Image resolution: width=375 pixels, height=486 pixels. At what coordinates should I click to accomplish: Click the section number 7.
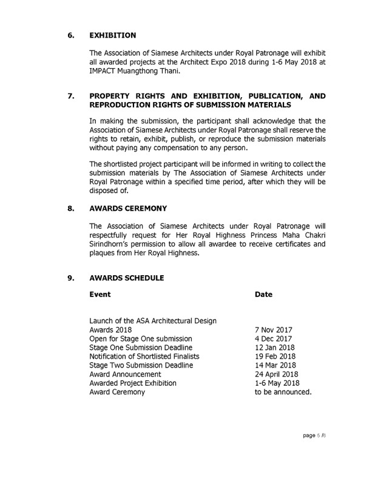70,96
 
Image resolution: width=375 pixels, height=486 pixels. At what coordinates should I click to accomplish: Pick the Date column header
263,295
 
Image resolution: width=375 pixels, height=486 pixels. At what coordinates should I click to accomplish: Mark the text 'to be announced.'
284,393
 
